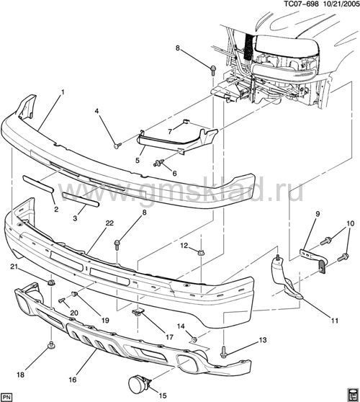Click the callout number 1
(x=62, y=91)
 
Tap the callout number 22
(x=109, y=223)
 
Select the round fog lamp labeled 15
(x=140, y=383)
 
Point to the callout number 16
(x=73, y=380)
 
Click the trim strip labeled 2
(x=38, y=184)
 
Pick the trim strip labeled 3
(x=80, y=200)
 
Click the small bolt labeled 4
(x=117, y=146)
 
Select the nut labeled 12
(x=201, y=252)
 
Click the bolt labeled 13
(x=223, y=352)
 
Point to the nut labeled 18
(x=51, y=346)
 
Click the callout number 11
(x=334, y=321)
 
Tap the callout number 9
(x=318, y=214)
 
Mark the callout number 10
(x=350, y=223)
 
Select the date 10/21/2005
(x=337, y=4)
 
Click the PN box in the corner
(x=7, y=395)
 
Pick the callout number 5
(x=138, y=161)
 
